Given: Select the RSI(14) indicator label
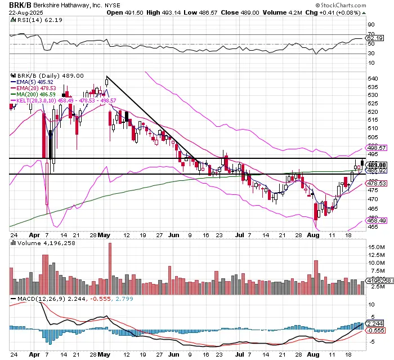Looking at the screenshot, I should pos(26,20).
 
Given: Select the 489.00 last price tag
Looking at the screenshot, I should pos(376,164).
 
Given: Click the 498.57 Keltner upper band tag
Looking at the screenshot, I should pos(376,148).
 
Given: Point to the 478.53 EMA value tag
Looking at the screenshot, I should pos(376,183).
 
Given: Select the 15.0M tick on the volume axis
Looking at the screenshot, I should pos(376,247).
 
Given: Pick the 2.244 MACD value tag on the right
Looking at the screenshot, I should pos(375,323).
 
